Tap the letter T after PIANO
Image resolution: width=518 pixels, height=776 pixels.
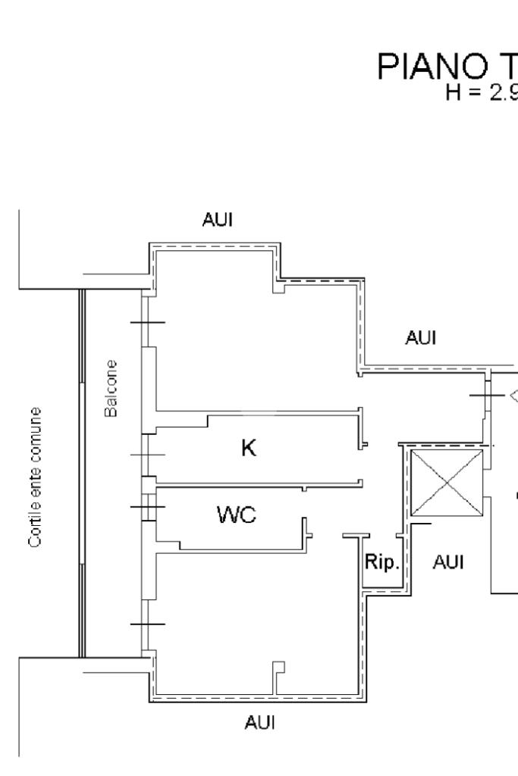click(504, 69)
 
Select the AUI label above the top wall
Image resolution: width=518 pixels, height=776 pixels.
click(218, 221)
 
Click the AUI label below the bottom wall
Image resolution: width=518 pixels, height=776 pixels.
click(259, 724)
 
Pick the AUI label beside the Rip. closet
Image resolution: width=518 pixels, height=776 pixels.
click(447, 562)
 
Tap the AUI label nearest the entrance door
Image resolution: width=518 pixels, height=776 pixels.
click(421, 338)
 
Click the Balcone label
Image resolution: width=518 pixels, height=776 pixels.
click(111, 388)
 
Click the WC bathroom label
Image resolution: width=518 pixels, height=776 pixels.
click(237, 516)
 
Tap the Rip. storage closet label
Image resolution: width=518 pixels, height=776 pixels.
click(381, 563)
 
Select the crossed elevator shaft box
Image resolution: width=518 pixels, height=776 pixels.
click(446, 483)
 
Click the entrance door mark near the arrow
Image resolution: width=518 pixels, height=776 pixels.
click(486, 396)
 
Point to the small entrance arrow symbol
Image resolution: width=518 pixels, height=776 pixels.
click(513, 395)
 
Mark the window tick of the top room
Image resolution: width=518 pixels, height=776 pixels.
click(147, 322)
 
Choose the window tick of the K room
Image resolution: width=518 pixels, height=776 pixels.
click(147, 455)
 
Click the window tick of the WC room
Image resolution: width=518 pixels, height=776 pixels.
click(147, 506)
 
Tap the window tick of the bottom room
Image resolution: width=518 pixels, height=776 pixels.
click(147, 624)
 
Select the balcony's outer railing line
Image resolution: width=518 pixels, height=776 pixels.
click(81, 474)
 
